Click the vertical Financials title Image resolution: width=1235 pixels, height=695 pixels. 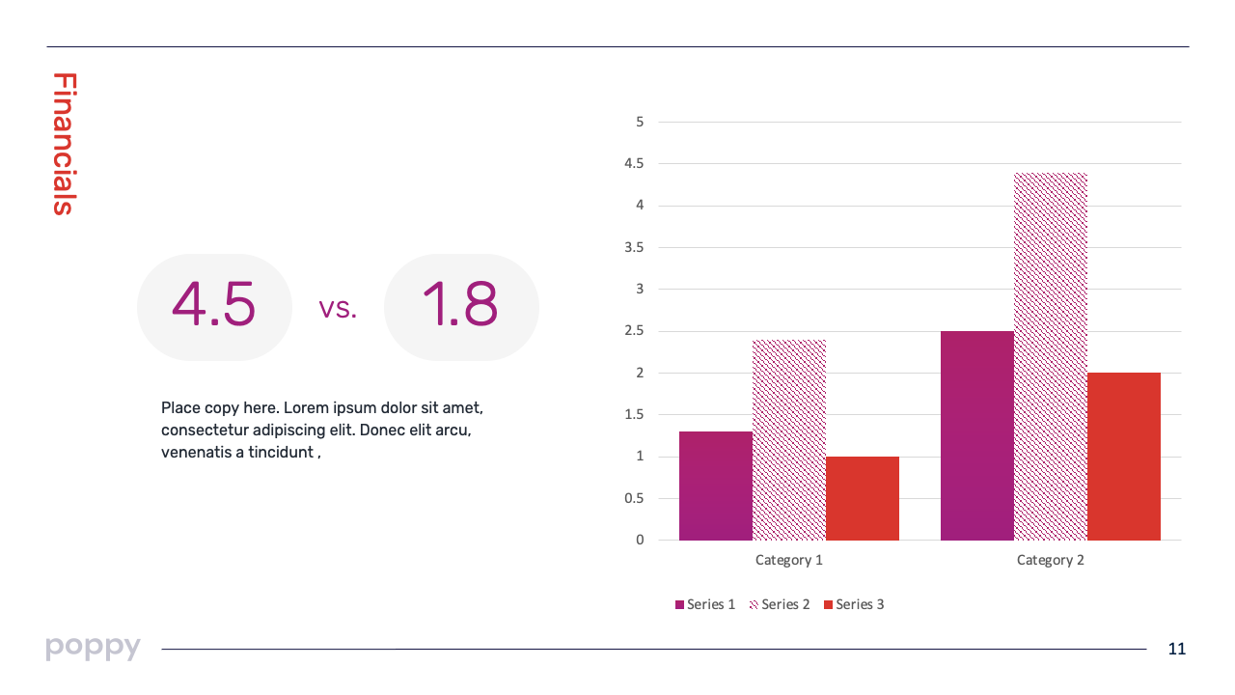(x=63, y=144)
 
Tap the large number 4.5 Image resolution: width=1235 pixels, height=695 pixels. (x=214, y=305)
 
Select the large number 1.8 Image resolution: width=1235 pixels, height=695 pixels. (x=460, y=305)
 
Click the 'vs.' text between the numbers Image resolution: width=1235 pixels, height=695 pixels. (x=338, y=309)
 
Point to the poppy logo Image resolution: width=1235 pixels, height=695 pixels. (x=93, y=647)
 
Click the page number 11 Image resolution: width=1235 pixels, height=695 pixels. (x=1176, y=649)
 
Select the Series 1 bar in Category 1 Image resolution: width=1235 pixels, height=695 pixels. (x=715, y=486)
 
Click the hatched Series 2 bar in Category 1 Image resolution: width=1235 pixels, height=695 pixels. (x=788, y=440)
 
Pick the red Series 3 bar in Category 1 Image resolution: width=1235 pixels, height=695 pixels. (x=862, y=498)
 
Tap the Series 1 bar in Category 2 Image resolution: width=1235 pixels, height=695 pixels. (x=976, y=435)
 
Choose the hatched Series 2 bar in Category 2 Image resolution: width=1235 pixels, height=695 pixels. (x=1050, y=356)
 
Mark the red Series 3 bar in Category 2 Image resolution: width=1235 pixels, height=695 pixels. (x=1123, y=457)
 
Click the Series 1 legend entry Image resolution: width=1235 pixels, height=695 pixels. (x=705, y=604)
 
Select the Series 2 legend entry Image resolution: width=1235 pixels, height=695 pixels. (x=780, y=604)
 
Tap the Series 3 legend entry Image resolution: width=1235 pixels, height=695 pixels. (x=854, y=604)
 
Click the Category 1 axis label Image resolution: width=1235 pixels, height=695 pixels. (x=788, y=560)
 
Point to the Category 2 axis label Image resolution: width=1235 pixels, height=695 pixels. (x=1050, y=560)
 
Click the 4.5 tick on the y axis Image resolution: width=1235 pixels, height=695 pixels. (x=634, y=164)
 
